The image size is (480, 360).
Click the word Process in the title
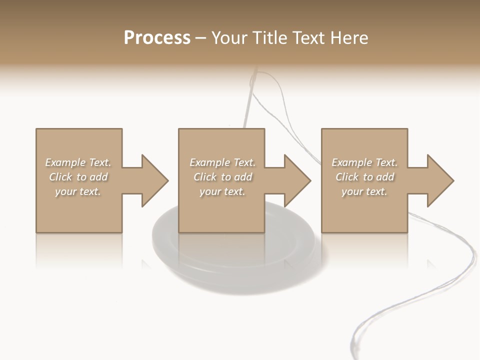click(x=157, y=38)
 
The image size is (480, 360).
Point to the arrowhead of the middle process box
click(x=297, y=180)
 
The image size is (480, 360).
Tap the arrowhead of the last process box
click(x=440, y=180)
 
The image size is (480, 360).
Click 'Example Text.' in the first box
click(x=78, y=162)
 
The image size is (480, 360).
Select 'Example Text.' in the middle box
click(x=222, y=162)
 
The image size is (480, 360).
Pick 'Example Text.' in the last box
click(x=364, y=162)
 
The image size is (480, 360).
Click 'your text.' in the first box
click(x=78, y=191)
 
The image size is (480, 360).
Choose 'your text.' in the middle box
click(x=222, y=191)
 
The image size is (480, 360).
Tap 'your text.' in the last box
click(x=364, y=191)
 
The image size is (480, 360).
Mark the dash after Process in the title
click(x=201, y=38)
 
